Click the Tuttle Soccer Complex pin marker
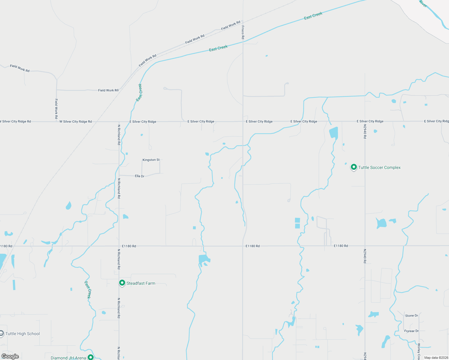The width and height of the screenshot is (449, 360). pyautogui.click(x=354, y=167)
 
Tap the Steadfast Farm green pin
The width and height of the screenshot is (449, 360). pyautogui.click(x=122, y=283)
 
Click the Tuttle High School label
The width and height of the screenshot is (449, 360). pyautogui.click(x=23, y=334)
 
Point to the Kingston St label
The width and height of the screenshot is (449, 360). pyautogui.click(x=151, y=160)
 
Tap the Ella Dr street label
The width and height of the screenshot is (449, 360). pyautogui.click(x=140, y=176)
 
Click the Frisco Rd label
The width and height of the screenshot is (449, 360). pyautogui.click(x=243, y=32)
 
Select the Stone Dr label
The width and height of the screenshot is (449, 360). pyautogui.click(x=411, y=316)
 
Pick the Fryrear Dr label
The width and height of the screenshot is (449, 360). pyautogui.click(x=411, y=331)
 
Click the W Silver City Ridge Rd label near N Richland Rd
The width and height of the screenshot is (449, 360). pyautogui.click(x=76, y=121)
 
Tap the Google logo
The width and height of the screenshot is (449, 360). pyautogui.click(x=10, y=356)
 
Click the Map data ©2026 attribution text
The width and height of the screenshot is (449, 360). pyautogui.click(x=436, y=358)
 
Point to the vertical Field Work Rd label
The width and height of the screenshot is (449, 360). pyautogui.click(x=56, y=109)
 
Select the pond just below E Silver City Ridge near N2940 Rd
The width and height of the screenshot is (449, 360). pyautogui.click(x=333, y=132)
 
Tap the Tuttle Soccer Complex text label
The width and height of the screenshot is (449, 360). pyautogui.click(x=379, y=167)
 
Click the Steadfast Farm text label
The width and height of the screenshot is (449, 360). pyautogui.click(x=141, y=283)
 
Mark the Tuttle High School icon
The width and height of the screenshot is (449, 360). pyautogui.click(x=2, y=334)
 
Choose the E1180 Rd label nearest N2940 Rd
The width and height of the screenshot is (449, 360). pyautogui.click(x=341, y=246)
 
